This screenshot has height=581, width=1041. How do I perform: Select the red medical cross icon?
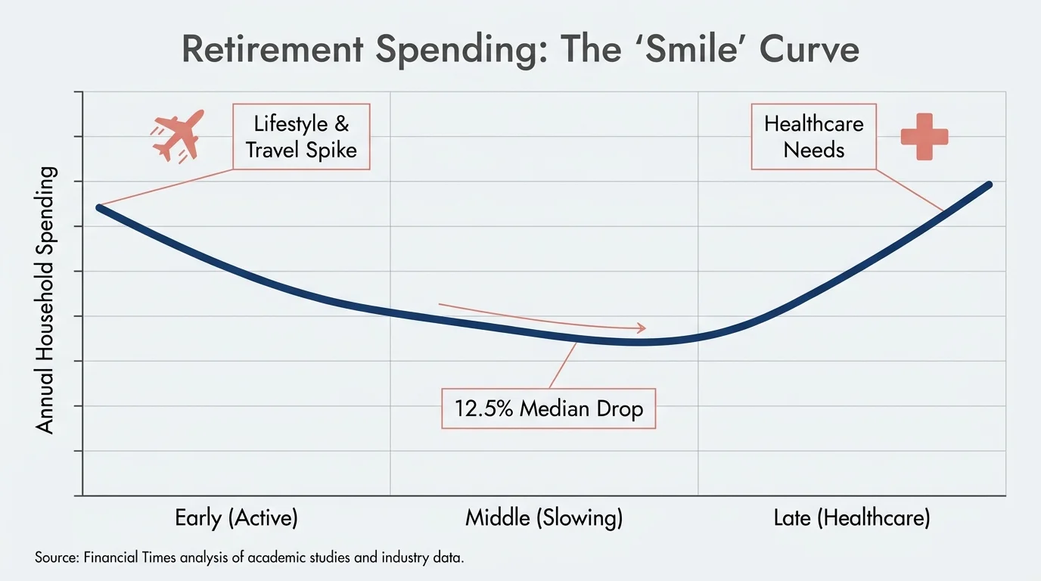point(924,137)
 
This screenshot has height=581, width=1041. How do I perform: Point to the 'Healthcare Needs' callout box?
point(813,137)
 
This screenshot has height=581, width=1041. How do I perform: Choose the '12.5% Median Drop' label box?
point(548,409)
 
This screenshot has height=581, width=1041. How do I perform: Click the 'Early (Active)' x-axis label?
point(236,518)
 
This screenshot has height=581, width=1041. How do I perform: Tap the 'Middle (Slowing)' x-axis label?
point(543,518)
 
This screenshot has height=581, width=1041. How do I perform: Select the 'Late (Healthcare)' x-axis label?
point(851,518)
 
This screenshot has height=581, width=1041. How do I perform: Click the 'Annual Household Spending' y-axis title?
point(46,300)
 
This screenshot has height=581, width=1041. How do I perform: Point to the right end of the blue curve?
point(988,185)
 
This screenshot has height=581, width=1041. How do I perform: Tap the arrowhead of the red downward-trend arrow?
point(642,328)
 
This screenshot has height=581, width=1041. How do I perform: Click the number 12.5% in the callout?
point(483,409)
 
